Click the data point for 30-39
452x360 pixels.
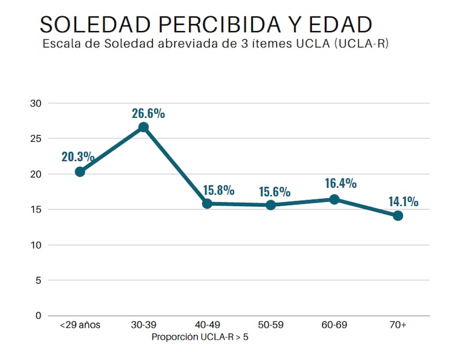144,127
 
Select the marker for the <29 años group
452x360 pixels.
80,172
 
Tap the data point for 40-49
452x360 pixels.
207,203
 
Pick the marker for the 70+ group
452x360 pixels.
398,215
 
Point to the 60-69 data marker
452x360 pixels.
334,199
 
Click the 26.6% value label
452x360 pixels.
149,113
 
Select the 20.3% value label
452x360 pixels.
78,157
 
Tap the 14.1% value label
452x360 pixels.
403,201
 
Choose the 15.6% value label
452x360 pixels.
275,192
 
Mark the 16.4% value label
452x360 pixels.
341,183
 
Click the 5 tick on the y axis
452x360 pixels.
38,280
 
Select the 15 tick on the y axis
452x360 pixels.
36,210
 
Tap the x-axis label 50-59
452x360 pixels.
271,326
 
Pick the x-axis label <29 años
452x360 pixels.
80,326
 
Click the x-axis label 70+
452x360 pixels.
398,326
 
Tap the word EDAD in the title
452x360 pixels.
337,24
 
